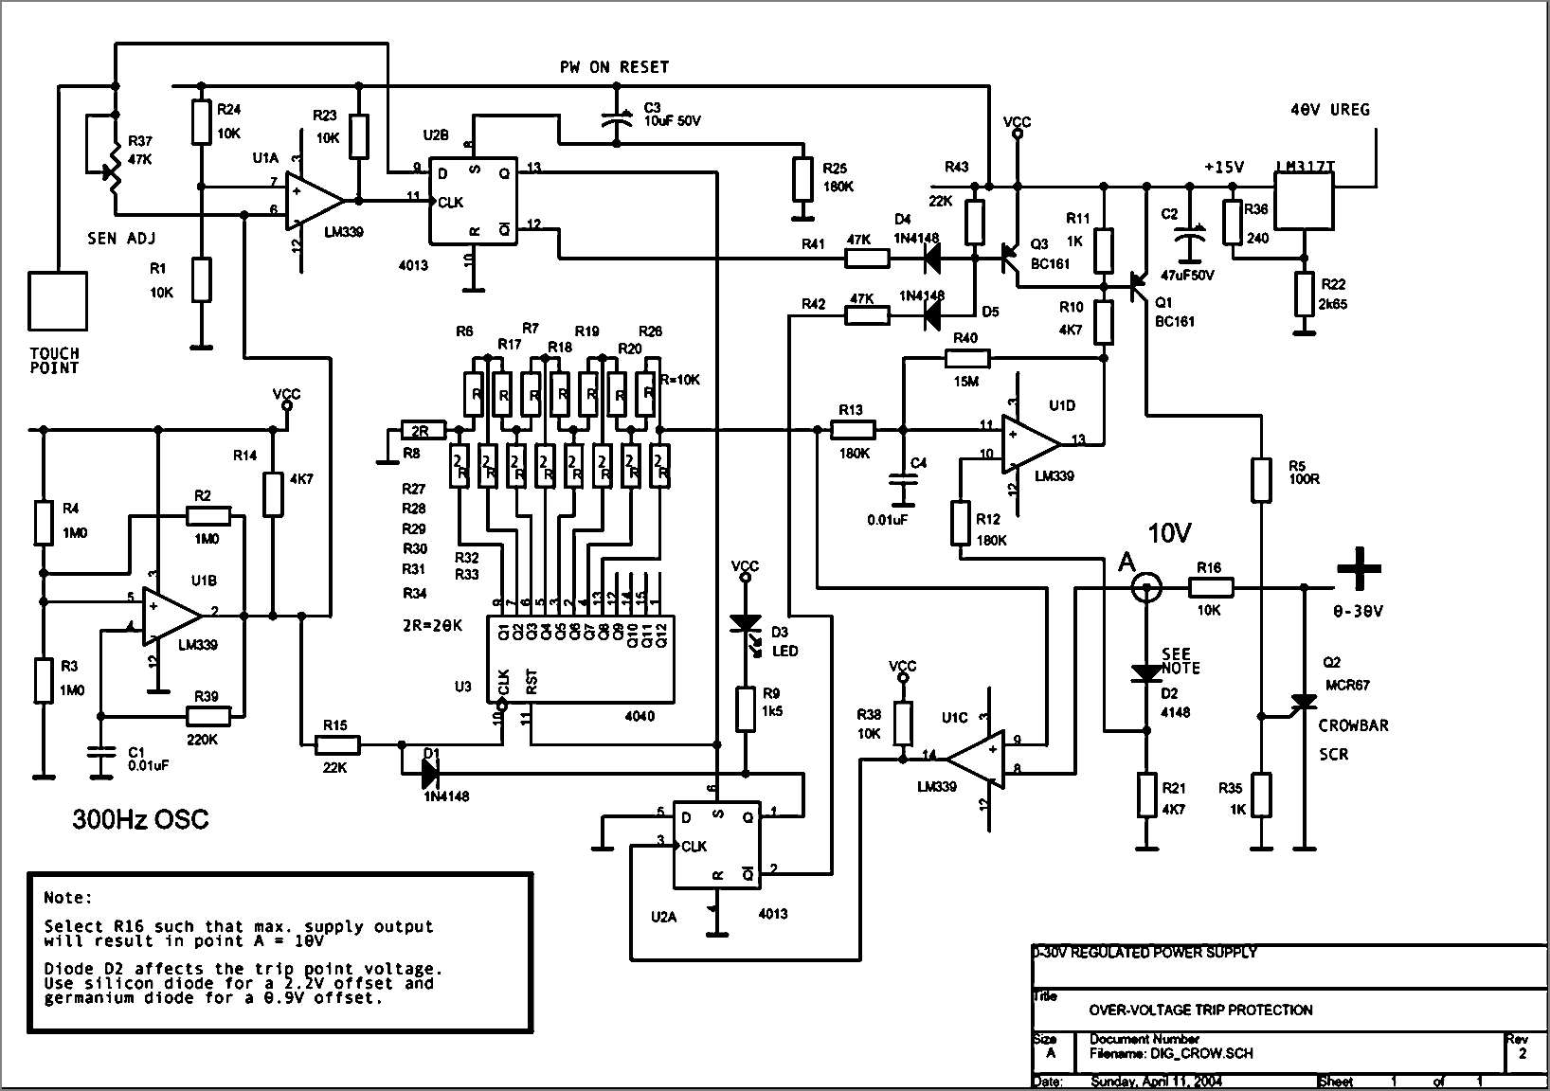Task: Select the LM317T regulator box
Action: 1305,202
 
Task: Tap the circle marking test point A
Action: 1146,588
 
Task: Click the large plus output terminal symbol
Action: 1359,569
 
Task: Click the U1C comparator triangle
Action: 976,757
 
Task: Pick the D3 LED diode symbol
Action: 745,625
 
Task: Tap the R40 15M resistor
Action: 967,358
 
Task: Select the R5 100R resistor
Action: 1260,479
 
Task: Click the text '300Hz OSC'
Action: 140,819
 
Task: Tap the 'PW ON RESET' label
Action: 614,67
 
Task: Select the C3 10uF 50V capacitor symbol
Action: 617,120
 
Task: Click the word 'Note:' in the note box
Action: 68,897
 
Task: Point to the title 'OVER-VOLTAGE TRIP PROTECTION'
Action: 1200,1010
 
